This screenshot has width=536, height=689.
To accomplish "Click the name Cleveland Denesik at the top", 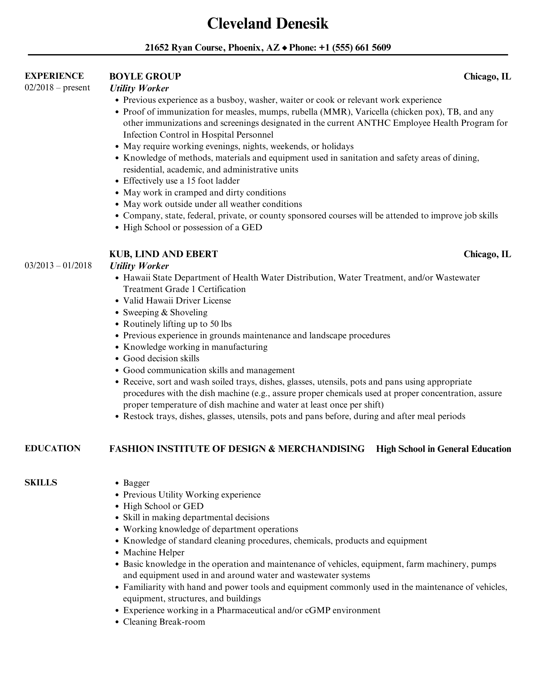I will coord(268,24).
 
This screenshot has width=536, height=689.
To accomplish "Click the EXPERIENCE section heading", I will coord(54,76).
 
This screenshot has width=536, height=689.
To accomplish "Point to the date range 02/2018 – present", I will coord(57,88).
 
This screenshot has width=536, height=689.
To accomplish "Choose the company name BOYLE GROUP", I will coord(145,77).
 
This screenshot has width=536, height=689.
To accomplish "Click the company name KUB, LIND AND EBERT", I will coord(163,254).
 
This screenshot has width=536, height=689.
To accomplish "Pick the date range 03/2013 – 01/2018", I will coord(58,265).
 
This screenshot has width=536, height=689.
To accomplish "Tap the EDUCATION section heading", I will coord(53,448).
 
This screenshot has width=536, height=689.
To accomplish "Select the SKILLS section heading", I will coord(41,482).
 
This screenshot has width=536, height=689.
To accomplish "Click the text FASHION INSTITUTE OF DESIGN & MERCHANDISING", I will coord(237,449).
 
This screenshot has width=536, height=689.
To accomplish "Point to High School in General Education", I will coord(443,449).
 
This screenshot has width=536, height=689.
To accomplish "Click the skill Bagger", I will coord(136,483).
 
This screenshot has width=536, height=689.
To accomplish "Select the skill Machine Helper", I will coord(154,552).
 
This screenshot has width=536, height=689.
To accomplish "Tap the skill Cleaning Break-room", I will coord(164,622).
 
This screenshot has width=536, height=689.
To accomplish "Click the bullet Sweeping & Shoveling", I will coord(165,312).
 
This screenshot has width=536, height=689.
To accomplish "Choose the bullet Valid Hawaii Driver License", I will coord(177,300).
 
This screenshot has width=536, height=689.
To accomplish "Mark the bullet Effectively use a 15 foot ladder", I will coord(181,181).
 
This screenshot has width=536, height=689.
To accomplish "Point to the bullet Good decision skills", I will coord(161,358).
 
